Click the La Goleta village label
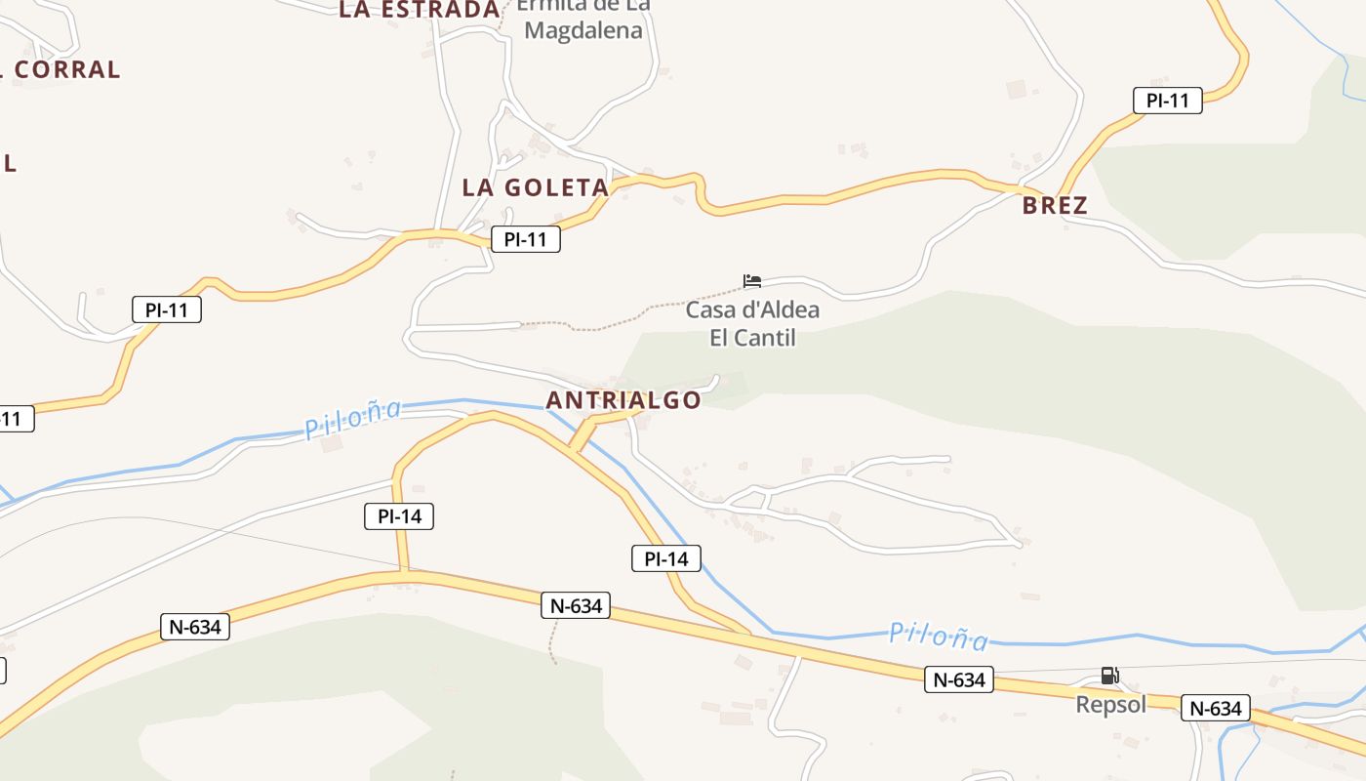coord(535,187)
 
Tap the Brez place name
coord(1055,206)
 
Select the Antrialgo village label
coord(623,400)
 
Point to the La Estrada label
coord(420,10)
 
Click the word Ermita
coord(552,6)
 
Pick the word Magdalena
coord(583,30)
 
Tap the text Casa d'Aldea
coord(752,310)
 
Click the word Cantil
coord(766,338)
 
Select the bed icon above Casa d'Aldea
coord(751,281)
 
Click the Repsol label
coord(1110,704)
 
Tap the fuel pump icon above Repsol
coord(1109,676)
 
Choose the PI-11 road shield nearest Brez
coord(1167,100)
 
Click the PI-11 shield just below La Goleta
coord(525,239)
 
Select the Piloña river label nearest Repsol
coord(938,637)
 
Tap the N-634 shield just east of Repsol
coord(1216,708)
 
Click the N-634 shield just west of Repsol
coord(958,679)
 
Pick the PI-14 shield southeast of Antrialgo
coord(665,558)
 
